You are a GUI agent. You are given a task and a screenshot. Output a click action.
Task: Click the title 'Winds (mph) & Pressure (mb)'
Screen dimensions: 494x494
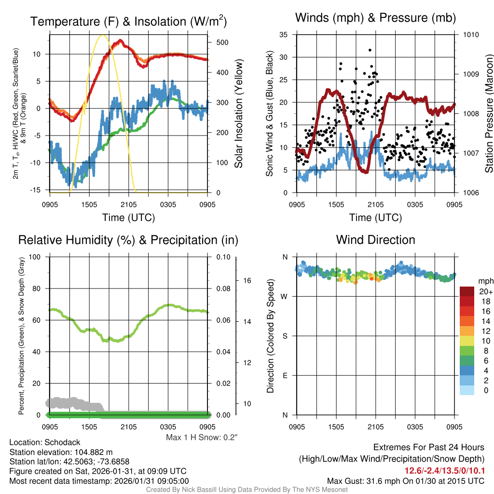pos(375,18)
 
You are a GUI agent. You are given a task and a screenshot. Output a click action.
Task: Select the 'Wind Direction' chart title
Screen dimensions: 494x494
pos(375,240)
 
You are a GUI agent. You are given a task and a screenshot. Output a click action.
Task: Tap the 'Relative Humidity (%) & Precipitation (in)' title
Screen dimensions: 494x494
pos(128,240)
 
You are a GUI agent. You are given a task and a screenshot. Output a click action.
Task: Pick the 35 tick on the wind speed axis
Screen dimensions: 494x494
pos(284,35)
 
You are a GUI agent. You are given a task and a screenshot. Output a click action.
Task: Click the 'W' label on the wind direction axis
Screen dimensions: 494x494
pos(285,296)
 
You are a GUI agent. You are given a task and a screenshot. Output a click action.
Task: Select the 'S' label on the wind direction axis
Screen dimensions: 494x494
pos(285,336)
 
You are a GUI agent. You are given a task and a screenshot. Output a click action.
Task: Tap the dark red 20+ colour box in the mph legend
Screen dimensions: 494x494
pos(467,291)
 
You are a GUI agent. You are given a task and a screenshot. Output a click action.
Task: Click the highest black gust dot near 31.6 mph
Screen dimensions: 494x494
pos(370,50)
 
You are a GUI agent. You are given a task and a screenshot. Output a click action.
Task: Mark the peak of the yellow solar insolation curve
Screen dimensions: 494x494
pos(102,35)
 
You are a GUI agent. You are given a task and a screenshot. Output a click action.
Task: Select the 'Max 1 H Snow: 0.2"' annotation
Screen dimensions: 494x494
pos(202,438)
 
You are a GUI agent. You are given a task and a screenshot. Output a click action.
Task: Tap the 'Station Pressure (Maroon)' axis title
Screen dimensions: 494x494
pos(489,114)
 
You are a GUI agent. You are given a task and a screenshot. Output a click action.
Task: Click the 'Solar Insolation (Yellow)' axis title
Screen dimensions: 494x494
pos(238,114)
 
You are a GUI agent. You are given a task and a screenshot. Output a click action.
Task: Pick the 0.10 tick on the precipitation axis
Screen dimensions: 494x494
pos(222,257)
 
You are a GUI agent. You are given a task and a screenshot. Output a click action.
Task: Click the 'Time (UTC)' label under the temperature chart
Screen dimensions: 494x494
pos(128,218)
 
